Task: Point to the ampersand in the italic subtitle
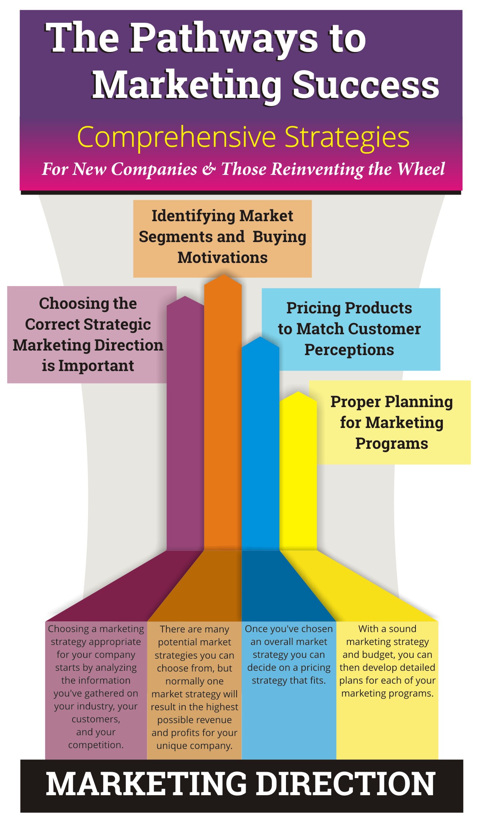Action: click(209, 168)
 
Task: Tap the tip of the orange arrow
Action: click(224, 275)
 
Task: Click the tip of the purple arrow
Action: click(185, 297)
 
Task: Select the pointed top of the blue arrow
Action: click(261, 337)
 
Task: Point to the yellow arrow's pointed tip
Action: click(299, 392)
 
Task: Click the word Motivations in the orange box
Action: click(223, 258)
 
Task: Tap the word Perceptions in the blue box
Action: click(349, 350)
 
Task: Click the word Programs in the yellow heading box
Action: click(392, 444)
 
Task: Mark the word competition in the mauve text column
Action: click(95, 745)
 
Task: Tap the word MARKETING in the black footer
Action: click(147, 784)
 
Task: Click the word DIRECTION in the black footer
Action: click(346, 784)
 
